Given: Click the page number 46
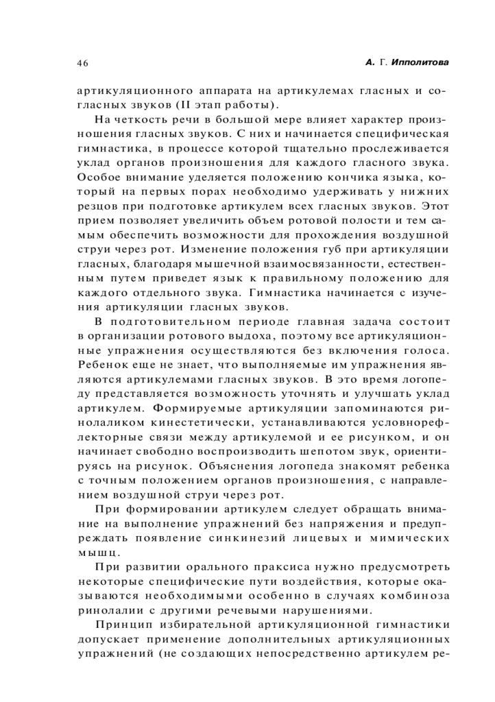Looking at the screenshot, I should (82, 63).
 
